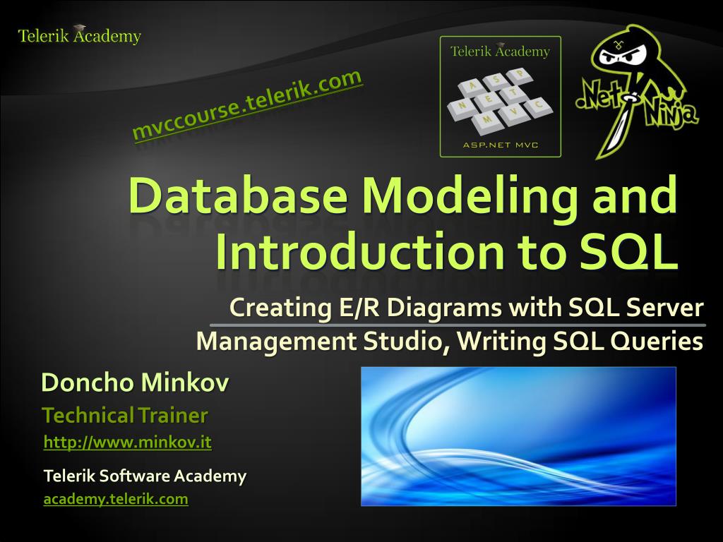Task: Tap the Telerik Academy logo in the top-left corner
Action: tap(80, 35)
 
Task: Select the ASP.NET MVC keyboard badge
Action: tap(500, 96)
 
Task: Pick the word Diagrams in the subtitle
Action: tap(441, 308)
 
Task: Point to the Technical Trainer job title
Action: tap(125, 415)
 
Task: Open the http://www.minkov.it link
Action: tap(128, 442)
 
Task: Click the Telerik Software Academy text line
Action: tap(145, 476)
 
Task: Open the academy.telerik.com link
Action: tap(116, 499)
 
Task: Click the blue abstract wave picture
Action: tap(518, 436)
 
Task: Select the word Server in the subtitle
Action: tap(669, 308)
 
